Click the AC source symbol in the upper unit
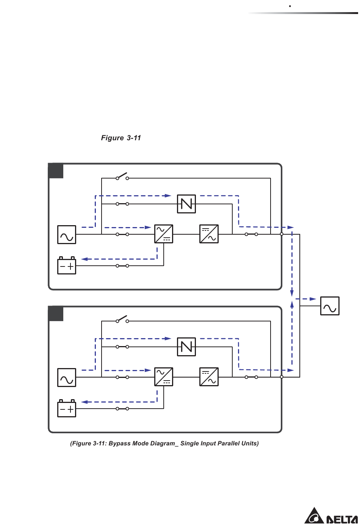tap(67, 235)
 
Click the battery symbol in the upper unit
tap(67, 266)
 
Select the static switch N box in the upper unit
tap(186, 204)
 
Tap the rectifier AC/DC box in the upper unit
tap(164, 234)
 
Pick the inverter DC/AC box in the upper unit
tap(209, 234)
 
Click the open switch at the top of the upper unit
tap(122, 177)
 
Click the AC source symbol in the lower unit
tap(67, 378)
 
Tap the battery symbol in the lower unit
tap(67, 409)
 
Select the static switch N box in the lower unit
tap(186, 347)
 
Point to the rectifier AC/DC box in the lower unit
tap(164, 377)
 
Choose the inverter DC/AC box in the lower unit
tap(209, 377)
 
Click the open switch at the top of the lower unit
tap(122, 320)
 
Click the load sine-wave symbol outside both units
tap(330, 306)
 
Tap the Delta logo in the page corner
tap(331, 516)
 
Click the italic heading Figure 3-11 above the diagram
tap(121, 138)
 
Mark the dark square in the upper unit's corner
tap(56, 171)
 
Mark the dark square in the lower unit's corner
tap(56, 314)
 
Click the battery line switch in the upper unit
tap(122, 266)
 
